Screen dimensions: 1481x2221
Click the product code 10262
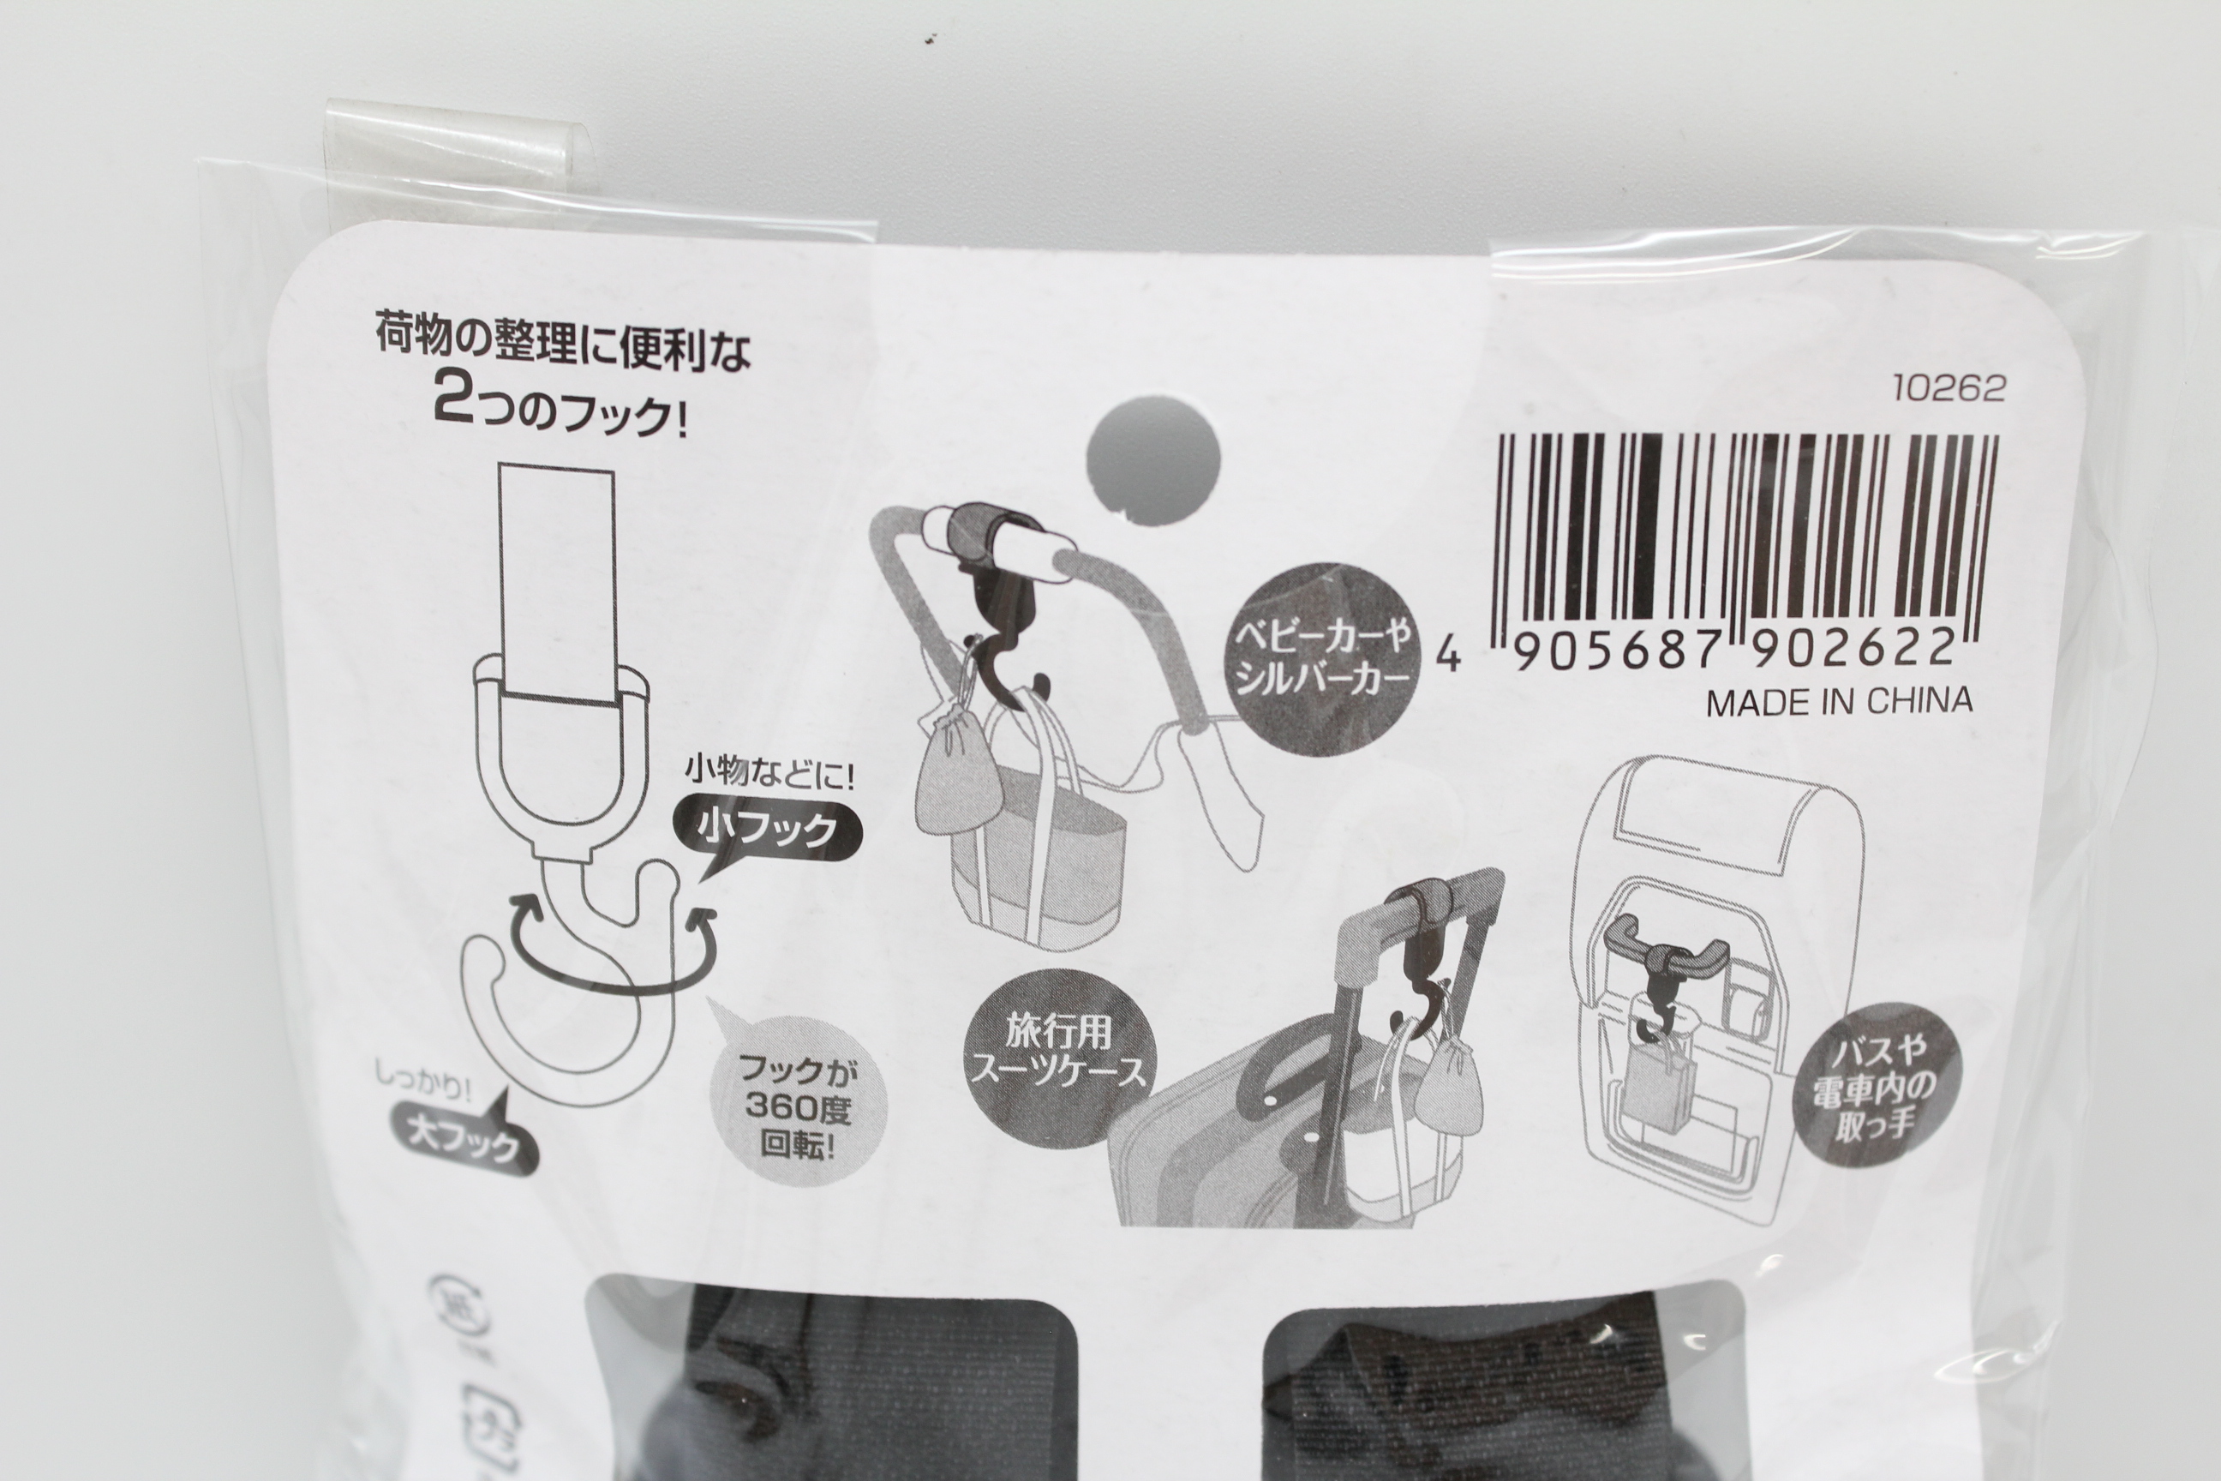(x=1949, y=388)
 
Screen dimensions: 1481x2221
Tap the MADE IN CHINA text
(x=1840, y=702)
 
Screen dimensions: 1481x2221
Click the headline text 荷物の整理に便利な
(x=563, y=345)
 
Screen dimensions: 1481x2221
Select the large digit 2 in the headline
(x=457, y=400)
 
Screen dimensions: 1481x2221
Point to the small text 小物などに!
(x=769, y=776)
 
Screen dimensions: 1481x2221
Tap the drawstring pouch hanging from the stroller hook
(x=959, y=782)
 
